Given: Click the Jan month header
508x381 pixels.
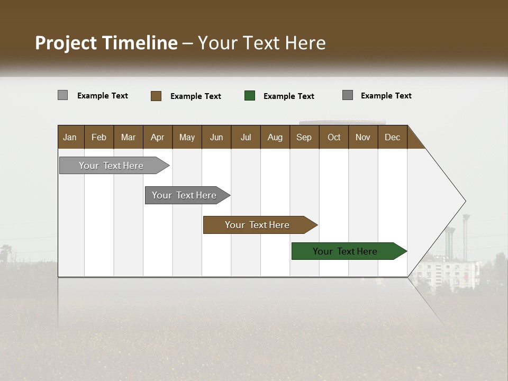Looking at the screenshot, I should tap(70, 137).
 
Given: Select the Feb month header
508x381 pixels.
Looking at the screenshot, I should tap(99, 137).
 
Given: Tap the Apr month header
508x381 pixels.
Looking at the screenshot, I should tap(157, 137).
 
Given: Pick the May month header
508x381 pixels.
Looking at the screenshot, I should tap(187, 137).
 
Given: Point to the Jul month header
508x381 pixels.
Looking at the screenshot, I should tap(246, 137).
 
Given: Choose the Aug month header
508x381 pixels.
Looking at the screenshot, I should tap(275, 137).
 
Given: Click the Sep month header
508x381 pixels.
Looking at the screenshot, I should tap(304, 137).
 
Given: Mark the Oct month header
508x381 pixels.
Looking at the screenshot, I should tap(334, 137).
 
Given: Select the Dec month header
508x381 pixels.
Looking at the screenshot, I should tap(392, 137).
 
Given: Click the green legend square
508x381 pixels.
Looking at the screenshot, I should tap(250, 96).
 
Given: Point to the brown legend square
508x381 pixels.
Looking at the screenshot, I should tap(156, 96).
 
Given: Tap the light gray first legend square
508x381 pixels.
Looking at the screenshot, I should tap(63, 95).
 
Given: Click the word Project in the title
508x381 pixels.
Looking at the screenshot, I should tap(67, 43).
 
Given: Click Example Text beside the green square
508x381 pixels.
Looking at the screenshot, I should tap(288, 96).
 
